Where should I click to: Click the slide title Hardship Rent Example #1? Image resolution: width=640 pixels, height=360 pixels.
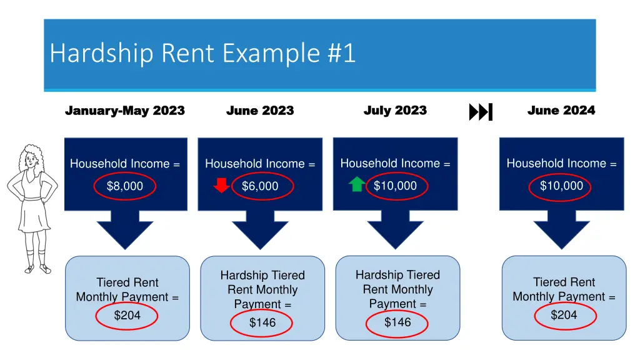click(x=203, y=54)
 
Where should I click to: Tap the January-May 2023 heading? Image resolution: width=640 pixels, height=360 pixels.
click(x=125, y=111)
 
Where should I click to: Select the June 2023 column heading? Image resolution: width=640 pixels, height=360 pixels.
click(x=260, y=111)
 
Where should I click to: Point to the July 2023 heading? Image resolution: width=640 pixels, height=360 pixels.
click(x=395, y=111)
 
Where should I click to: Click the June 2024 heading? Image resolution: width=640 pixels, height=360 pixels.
click(x=561, y=111)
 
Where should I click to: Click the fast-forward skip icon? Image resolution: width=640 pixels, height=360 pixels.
click(x=481, y=112)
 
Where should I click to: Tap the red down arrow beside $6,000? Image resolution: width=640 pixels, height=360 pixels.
click(x=222, y=186)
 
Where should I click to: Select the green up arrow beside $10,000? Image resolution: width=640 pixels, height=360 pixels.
click(x=357, y=184)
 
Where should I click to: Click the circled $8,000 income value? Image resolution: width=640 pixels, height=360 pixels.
click(x=125, y=186)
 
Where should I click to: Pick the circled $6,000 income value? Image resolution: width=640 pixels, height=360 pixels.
click(x=260, y=186)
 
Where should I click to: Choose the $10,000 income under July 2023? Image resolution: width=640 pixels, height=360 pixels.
click(x=395, y=186)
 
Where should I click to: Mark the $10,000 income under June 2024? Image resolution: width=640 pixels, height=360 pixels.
click(x=561, y=186)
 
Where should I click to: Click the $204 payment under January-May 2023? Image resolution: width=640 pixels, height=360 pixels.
click(x=127, y=316)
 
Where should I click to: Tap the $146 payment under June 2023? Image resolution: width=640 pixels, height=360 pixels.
click(x=262, y=322)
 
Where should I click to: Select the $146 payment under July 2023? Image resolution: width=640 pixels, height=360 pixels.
click(x=397, y=322)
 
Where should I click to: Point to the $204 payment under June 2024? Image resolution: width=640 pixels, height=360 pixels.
click(x=564, y=315)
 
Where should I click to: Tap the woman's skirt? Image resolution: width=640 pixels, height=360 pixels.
click(x=32, y=216)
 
